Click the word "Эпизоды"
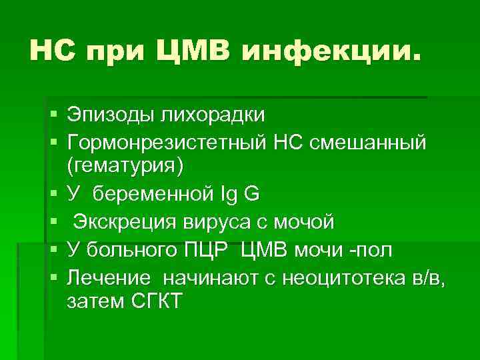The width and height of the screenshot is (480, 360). point(109,115)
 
